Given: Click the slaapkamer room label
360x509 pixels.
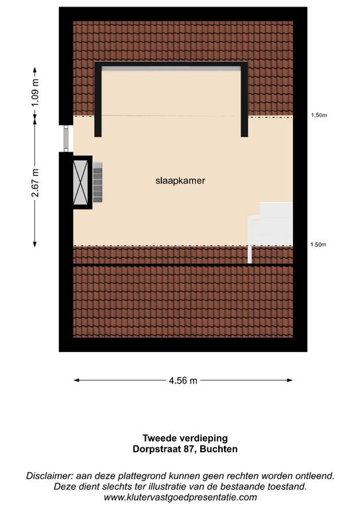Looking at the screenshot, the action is point(180,181).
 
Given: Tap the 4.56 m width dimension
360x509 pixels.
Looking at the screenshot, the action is point(183,380).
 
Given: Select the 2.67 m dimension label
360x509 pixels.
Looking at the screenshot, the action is point(35,183).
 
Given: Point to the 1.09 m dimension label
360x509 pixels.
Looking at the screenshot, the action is point(35,92).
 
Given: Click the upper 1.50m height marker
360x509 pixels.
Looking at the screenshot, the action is point(319,115).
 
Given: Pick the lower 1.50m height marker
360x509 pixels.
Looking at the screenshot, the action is point(318,245).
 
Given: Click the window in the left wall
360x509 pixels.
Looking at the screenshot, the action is point(66,139).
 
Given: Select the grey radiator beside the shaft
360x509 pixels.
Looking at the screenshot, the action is point(97,183).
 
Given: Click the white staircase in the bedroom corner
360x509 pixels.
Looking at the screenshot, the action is point(270,227).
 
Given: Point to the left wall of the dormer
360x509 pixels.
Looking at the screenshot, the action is point(98,100).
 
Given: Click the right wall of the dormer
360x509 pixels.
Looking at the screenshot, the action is point(245,100).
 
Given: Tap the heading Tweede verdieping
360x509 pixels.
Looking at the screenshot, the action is point(185,438).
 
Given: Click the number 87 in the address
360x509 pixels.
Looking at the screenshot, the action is point(189,449).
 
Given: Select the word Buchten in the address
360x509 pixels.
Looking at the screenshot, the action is point(219,449).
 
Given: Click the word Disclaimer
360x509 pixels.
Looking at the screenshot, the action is point(49,476).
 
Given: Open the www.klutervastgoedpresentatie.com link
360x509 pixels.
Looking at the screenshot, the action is point(180,497).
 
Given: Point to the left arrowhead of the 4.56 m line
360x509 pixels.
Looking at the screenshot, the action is point(77,380).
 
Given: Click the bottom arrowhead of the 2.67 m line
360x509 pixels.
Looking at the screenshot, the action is point(35,244).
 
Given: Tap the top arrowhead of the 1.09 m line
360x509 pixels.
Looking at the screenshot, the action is point(35,70).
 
